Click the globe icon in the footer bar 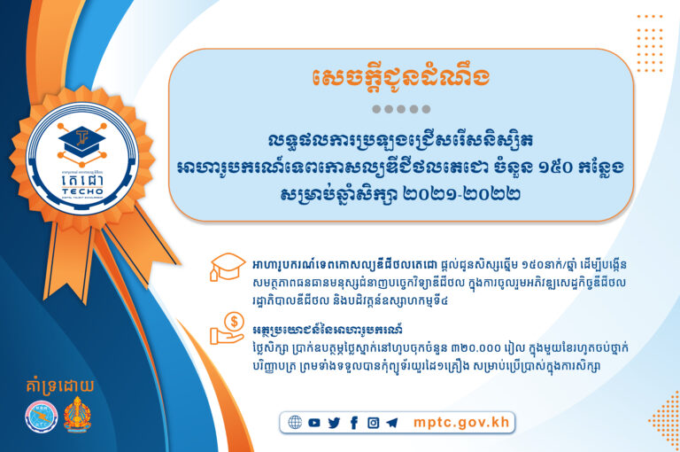[295, 423]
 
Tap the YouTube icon [315, 423]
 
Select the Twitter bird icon [334, 423]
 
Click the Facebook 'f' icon [353, 423]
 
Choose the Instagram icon [373, 423]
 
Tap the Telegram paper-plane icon [392, 423]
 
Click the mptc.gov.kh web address [461, 422]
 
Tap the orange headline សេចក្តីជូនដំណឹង [400, 78]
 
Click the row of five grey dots [400, 110]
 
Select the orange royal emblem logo [78, 416]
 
